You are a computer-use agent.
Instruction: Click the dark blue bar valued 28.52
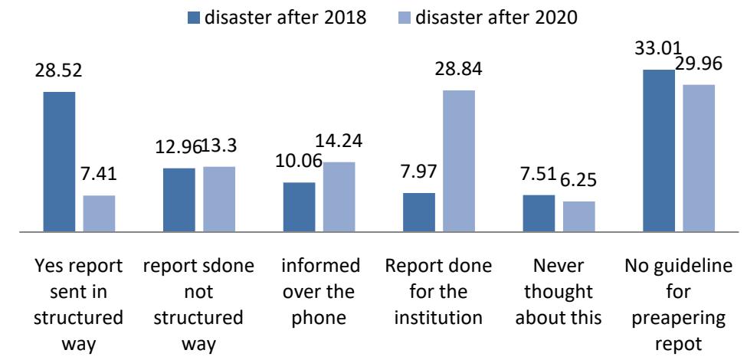(59, 161)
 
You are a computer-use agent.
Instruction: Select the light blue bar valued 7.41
(99, 213)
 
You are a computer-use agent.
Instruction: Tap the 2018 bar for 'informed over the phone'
(299, 206)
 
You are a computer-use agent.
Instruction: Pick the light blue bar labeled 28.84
(459, 160)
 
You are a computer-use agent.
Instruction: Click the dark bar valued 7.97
(419, 211)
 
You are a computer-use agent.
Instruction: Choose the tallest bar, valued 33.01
(659, 150)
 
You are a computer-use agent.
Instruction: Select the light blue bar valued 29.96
(699, 157)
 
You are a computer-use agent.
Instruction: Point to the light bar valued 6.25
(578, 216)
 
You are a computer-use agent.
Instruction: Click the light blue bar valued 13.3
(219, 198)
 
